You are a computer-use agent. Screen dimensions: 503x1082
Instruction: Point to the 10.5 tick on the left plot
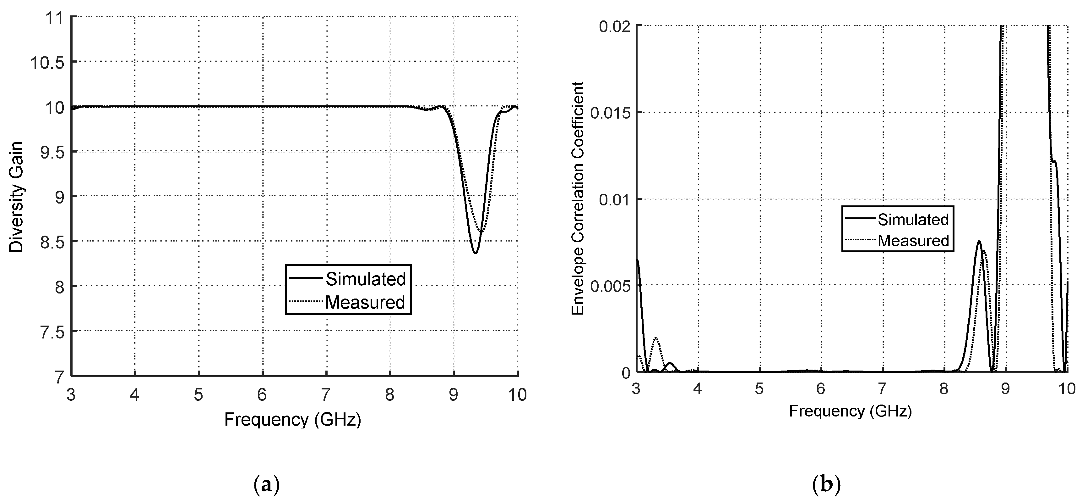(x=47, y=62)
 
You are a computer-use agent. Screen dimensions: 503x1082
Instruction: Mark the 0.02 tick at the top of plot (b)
(x=615, y=26)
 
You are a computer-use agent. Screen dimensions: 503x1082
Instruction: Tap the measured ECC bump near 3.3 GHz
(x=656, y=338)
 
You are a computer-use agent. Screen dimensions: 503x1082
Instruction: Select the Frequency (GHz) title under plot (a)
(x=293, y=419)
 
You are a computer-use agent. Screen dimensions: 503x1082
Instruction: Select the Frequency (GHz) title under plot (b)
(x=850, y=411)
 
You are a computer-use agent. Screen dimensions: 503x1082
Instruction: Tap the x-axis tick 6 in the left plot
(x=262, y=394)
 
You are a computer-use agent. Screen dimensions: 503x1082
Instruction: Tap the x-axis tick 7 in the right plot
(x=882, y=388)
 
